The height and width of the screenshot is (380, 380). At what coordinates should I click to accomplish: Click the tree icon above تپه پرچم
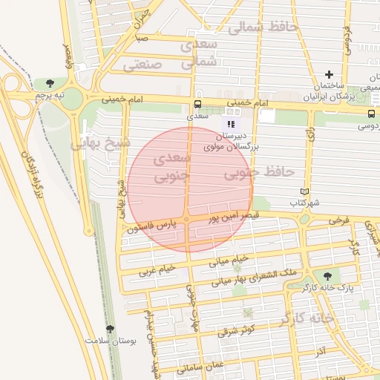tap(50, 82)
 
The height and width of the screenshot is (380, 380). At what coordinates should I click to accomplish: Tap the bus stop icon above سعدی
tap(197, 104)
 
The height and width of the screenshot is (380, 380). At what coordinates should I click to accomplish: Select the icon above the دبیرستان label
tap(232, 124)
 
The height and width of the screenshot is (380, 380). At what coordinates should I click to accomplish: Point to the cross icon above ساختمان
tap(329, 74)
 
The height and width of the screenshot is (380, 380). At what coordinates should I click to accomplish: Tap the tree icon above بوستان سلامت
tap(110, 328)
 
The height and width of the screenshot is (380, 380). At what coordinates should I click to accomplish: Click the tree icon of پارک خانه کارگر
tap(327, 276)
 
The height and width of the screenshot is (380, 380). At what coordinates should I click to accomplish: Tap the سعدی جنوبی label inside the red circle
tap(171, 168)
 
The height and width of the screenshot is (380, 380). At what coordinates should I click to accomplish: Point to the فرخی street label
tap(338, 220)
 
